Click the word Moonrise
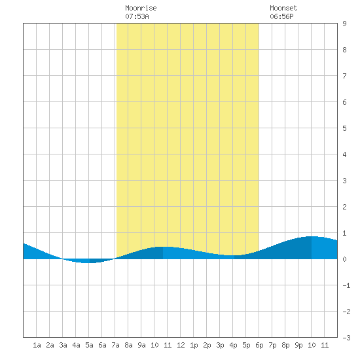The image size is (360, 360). (x=141, y=8)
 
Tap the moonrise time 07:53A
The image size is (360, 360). (x=137, y=16)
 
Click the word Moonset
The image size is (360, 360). (x=283, y=8)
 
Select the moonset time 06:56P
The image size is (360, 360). (x=281, y=16)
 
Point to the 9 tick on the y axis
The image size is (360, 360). (x=344, y=24)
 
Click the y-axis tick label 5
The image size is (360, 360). (x=344, y=128)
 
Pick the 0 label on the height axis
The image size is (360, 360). (x=344, y=259)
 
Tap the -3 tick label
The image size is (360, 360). (x=346, y=338)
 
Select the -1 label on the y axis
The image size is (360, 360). (x=346, y=285)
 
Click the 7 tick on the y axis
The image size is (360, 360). (x=344, y=76)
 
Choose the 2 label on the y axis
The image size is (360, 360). (x=344, y=207)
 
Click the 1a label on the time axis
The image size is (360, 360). (x=37, y=345)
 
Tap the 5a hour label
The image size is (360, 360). (x=89, y=345)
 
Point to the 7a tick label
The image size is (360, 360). (x=115, y=345)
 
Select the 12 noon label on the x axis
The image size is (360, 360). (x=181, y=345)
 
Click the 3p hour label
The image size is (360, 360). (x=220, y=345)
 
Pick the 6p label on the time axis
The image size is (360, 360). (x=259, y=345)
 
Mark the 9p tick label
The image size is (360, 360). (x=298, y=345)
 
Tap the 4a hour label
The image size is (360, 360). (x=76, y=345)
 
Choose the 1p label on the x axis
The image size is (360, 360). (x=194, y=345)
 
